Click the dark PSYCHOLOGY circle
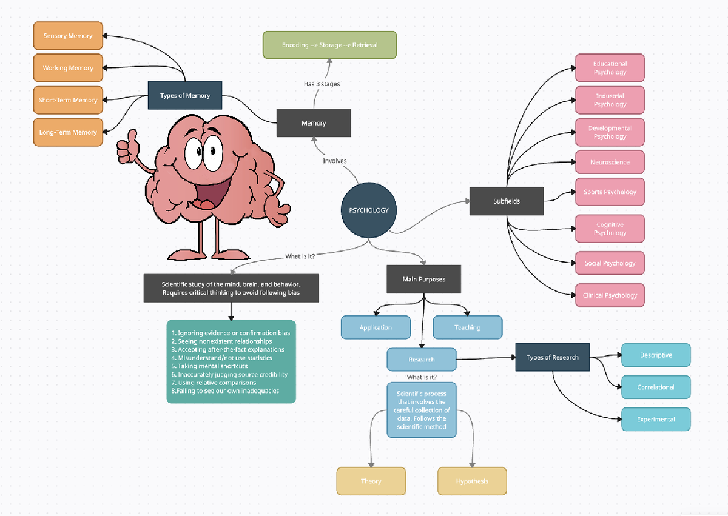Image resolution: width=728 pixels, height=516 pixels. [369, 210]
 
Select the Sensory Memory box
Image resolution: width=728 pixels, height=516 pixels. [68, 36]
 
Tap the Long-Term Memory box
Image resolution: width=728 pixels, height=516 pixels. [68, 132]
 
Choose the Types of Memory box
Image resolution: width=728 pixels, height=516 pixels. [185, 95]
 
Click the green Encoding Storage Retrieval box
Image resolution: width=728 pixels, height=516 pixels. [329, 45]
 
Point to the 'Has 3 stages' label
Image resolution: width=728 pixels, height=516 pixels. [322, 84]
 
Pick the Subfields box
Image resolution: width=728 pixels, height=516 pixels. [507, 201]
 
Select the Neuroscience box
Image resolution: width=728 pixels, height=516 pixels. [610, 162]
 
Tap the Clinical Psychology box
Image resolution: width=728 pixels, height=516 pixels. [610, 295]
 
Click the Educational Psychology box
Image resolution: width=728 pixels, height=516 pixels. [610, 67]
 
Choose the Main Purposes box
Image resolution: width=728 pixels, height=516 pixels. [423, 279]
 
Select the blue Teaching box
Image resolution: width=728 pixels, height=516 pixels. [467, 327]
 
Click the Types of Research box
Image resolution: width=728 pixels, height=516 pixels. [552, 357]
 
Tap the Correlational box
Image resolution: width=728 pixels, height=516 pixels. [656, 387]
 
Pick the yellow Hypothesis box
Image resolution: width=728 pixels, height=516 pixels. [472, 481]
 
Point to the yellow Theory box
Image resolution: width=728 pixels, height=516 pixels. [371, 481]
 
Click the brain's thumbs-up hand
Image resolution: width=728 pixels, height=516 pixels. [127, 146]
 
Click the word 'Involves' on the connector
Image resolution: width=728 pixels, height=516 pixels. [334, 161]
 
